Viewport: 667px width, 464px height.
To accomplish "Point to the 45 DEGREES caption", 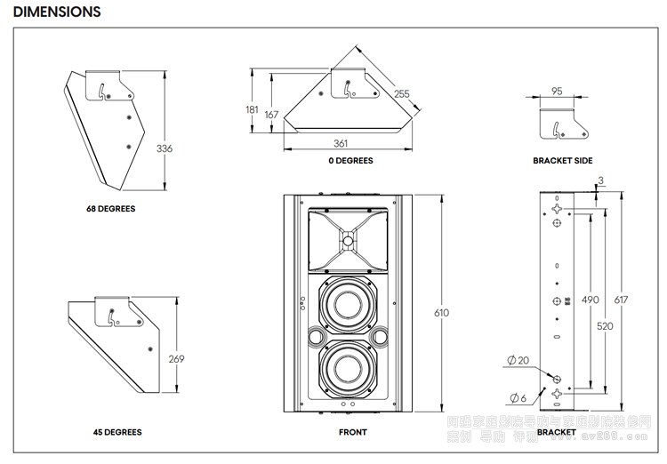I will (117, 433).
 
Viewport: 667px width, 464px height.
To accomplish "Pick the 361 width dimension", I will (341, 143).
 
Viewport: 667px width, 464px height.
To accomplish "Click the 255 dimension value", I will (402, 94).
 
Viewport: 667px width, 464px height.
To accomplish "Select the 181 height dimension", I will (253, 109).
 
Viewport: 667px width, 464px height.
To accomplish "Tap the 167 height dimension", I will (271, 115).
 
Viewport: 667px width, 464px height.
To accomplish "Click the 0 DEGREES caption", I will (350, 161).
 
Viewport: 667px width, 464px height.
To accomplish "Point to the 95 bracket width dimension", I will (557, 91).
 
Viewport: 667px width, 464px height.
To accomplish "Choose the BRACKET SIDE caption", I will (562, 161).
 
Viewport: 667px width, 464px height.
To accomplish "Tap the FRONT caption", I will (352, 433).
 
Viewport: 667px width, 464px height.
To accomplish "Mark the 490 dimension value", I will (590, 300).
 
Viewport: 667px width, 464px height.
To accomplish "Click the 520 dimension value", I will (606, 326).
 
